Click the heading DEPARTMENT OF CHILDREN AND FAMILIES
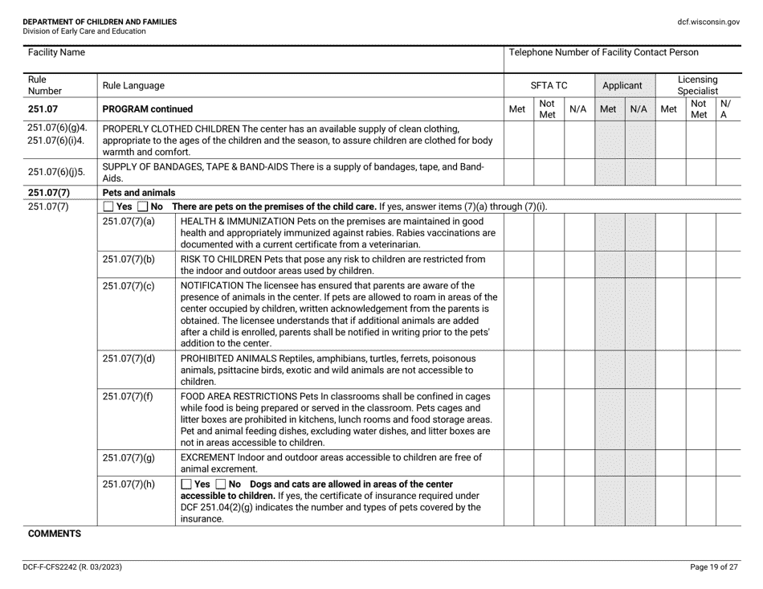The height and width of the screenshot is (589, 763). click(88, 22)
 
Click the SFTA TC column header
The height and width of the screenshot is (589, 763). click(549, 84)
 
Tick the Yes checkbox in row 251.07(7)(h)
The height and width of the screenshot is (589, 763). click(187, 483)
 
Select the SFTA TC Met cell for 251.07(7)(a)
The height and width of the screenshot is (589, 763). click(518, 233)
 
